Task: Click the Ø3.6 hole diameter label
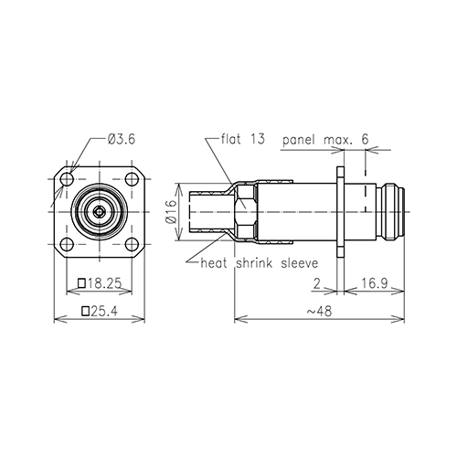click(x=121, y=140)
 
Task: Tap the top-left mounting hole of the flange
click(x=67, y=179)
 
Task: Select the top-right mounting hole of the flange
click(x=132, y=179)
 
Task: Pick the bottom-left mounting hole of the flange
click(x=67, y=244)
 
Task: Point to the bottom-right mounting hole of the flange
click(x=132, y=244)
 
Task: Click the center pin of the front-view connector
click(x=100, y=211)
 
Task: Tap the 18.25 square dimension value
click(x=104, y=283)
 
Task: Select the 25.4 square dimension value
click(x=104, y=311)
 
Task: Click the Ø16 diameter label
click(x=172, y=211)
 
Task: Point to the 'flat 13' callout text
click(x=243, y=139)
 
